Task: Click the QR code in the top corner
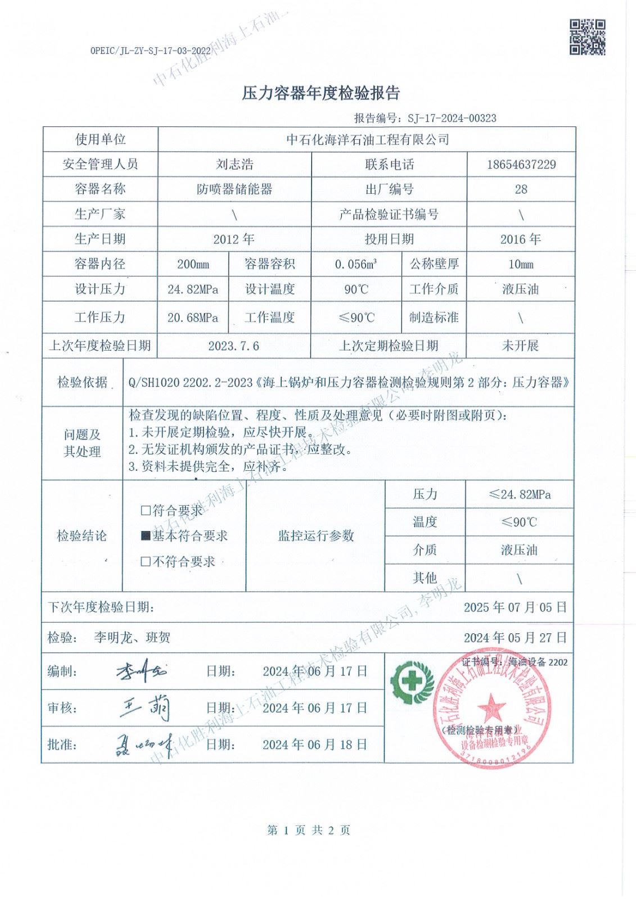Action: [x=588, y=37]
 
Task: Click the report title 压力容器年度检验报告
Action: [x=321, y=93]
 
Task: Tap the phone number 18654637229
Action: [x=521, y=164]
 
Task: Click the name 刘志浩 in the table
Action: [x=234, y=164]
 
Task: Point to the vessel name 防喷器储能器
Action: [x=234, y=189]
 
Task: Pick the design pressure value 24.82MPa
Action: [x=193, y=290]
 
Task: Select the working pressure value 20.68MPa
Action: [x=193, y=317]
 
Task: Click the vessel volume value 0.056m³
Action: [x=355, y=264]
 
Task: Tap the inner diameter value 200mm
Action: [x=193, y=264]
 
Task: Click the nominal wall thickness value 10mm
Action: [x=521, y=264]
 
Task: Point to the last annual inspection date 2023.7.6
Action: [x=233, y=346]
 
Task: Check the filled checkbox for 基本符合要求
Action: [x=146, y=536]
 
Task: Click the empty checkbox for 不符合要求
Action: [x=146, y=561]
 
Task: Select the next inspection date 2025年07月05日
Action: [x=515, y=607]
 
